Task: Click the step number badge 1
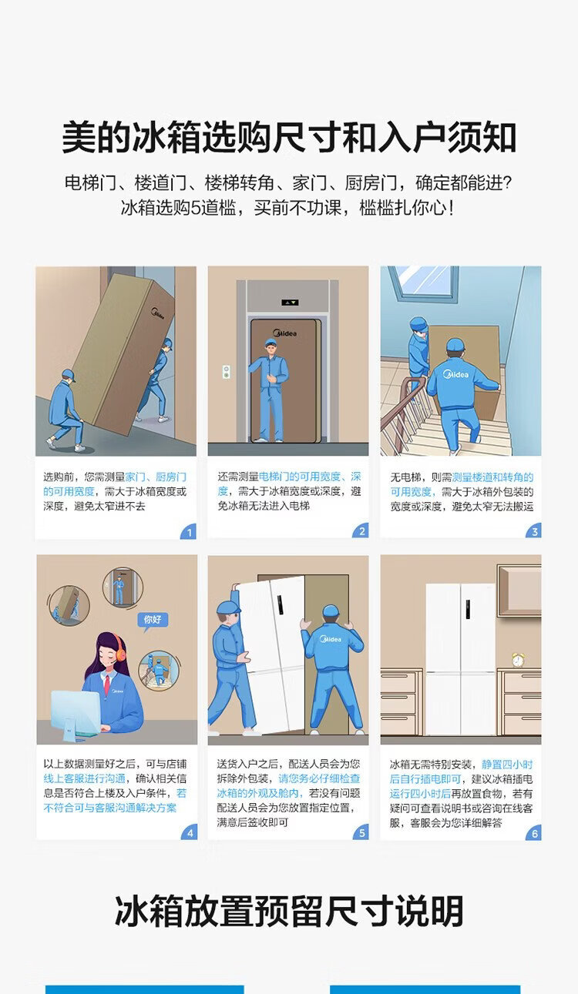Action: tap(189, 532)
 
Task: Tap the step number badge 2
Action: tap(361, 531)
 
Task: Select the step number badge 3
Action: tap(534, 531)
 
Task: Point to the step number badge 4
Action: tap(190, 832)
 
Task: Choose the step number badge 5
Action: tap(361, 832)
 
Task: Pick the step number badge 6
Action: tap(534, 833)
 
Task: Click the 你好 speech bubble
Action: tap(153, 620)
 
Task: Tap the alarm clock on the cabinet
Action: tap(518, 660)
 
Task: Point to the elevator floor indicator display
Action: tap(290, 303)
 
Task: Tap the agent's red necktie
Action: tap(107, 684)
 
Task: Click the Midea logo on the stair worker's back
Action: tap(455, 374)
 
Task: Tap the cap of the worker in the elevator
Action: tap(271, 342)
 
